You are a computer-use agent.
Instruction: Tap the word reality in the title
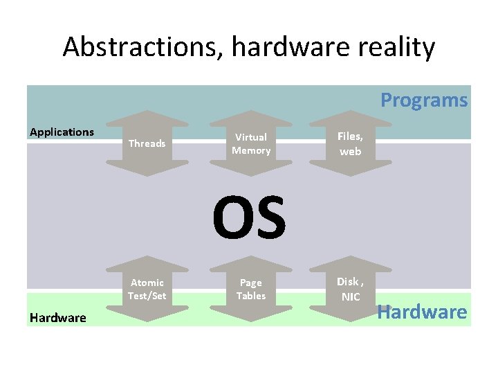click(x=394, y=47)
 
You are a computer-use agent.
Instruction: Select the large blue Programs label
click(x=424, y=100)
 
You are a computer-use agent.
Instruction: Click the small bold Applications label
click(x=62, y=132)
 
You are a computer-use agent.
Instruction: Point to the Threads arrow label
click(x=147, y=143)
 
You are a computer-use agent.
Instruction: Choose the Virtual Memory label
click(x=251, y=143)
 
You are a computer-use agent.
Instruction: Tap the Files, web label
click(x=350, y=144)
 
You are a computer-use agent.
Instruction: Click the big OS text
click(x=249, y=217)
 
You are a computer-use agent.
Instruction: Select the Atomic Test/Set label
click(x=147, y=289)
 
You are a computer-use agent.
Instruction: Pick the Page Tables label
click(x=250, y=289)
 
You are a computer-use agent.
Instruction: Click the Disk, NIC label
click(x=350, y=289)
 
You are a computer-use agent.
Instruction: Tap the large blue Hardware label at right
click(x=422, y=312)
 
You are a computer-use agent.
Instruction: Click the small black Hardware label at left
click(x=58, y=318)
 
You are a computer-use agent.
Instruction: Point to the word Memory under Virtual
click(x=251, y=150)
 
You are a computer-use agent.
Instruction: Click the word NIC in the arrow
click(x=351, y=296)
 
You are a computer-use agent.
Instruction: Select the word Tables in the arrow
click(x=250, y=296)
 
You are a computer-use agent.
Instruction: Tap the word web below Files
click(x=350, y=151)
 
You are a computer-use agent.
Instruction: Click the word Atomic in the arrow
click(x=147, y=282)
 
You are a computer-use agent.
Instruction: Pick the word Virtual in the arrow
click(x=251, y=137)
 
